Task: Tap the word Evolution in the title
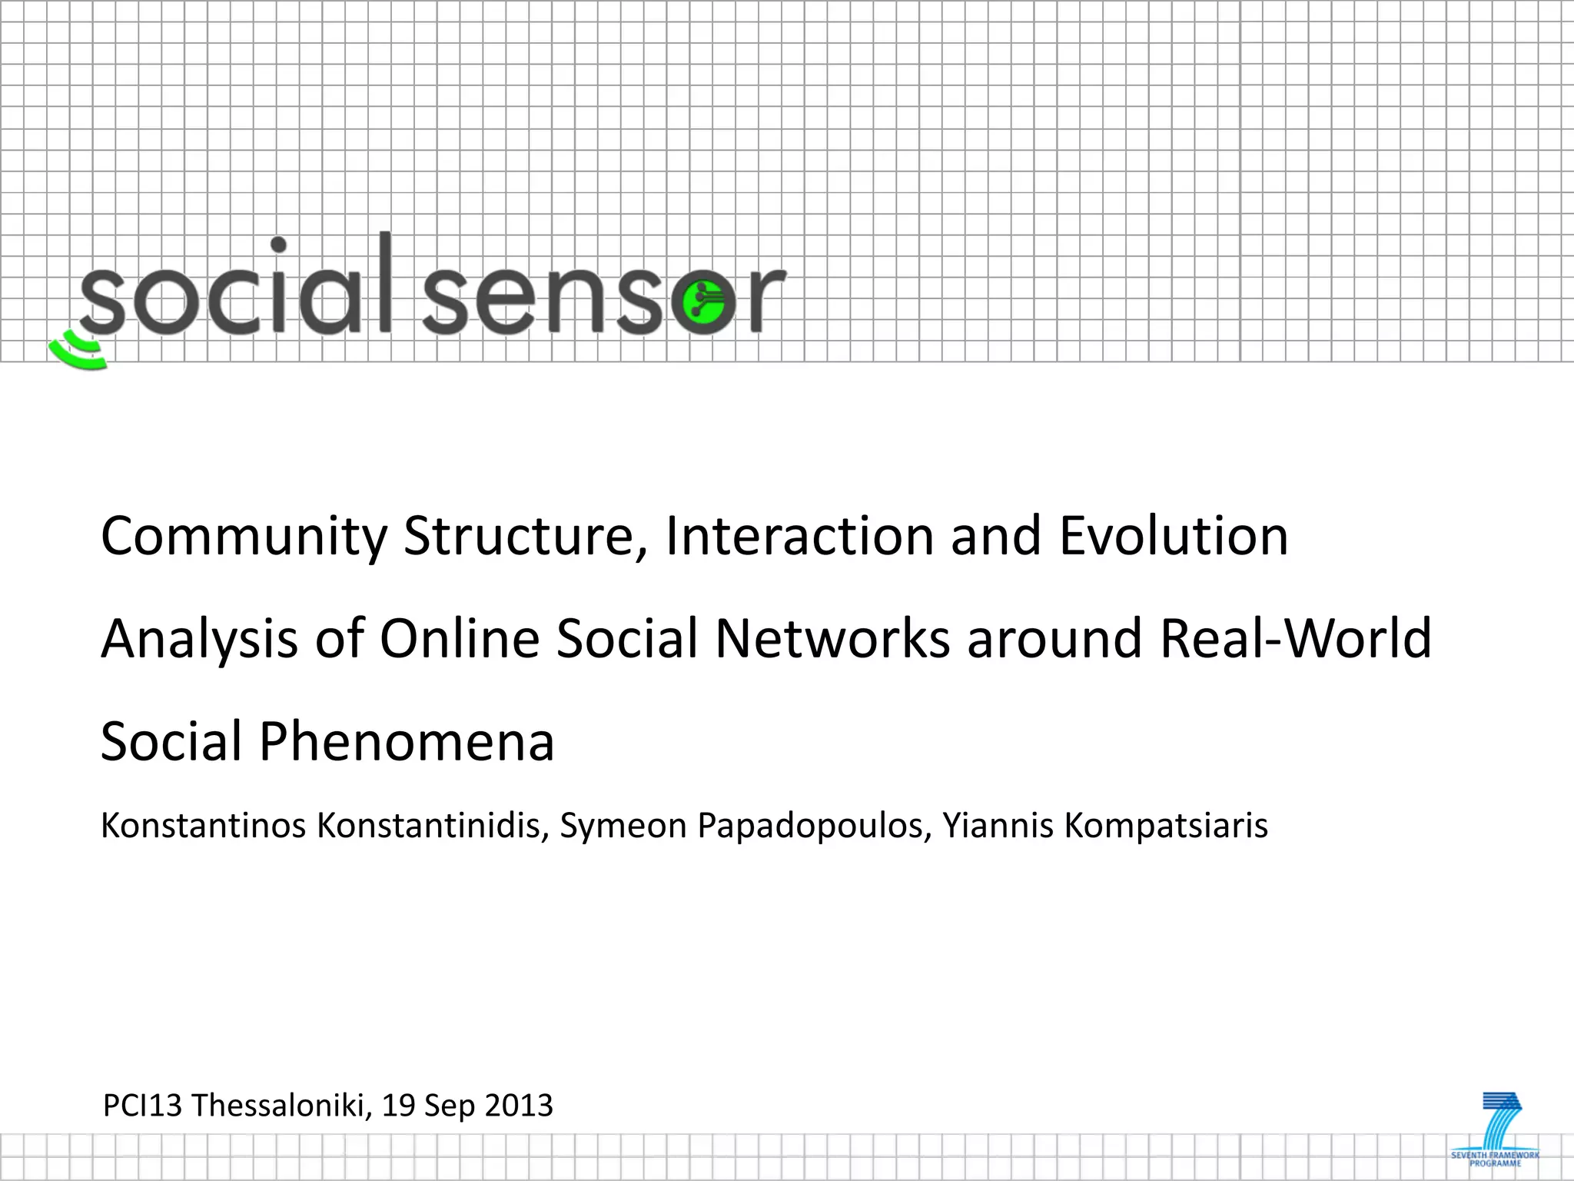coord(1174,537)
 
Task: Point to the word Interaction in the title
coord(799,537)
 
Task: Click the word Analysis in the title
coord(199,640)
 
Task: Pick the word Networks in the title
coord(832,640)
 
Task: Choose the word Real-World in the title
coord(1296,640)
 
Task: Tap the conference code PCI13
coord(142,1106)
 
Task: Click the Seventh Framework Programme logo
coord(1496,1129)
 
